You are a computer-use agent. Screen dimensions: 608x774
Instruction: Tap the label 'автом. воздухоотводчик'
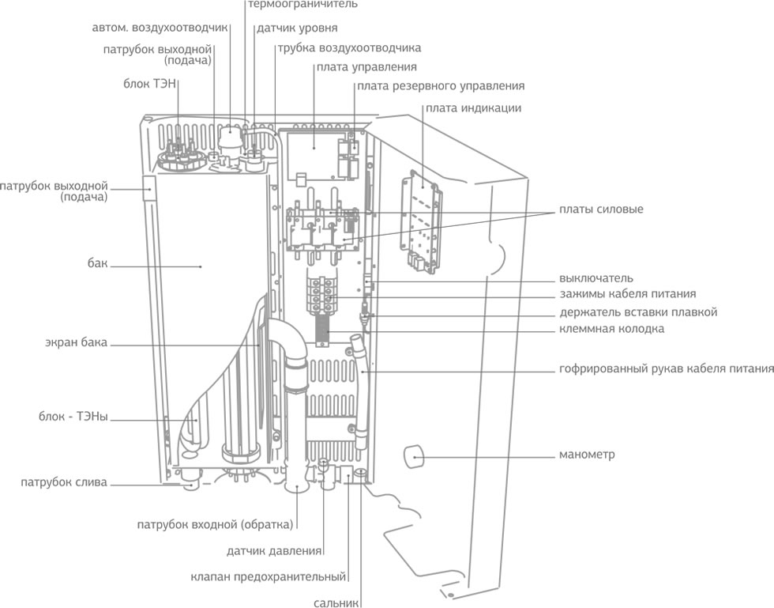(160, 27)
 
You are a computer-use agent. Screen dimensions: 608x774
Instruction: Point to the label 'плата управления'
(366, 66)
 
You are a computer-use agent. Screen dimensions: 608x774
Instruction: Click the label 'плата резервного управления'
(441, 85)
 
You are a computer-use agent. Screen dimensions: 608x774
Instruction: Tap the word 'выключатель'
(596, 278)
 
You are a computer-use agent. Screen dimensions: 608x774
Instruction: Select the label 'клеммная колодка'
(611, 328)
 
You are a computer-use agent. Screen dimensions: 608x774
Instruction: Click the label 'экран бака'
(76, 343)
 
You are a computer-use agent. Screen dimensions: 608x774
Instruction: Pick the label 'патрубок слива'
(64, 482)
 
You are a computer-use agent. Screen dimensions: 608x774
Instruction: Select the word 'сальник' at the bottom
(336, 601)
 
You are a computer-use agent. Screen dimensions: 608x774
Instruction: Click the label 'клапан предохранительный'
(269, 576)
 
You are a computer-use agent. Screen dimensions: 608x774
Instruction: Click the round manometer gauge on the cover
(413, 456)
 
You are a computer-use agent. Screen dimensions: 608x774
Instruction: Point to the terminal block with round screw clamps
(323, 289)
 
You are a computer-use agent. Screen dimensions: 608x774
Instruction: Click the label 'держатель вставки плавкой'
(638, 312)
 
